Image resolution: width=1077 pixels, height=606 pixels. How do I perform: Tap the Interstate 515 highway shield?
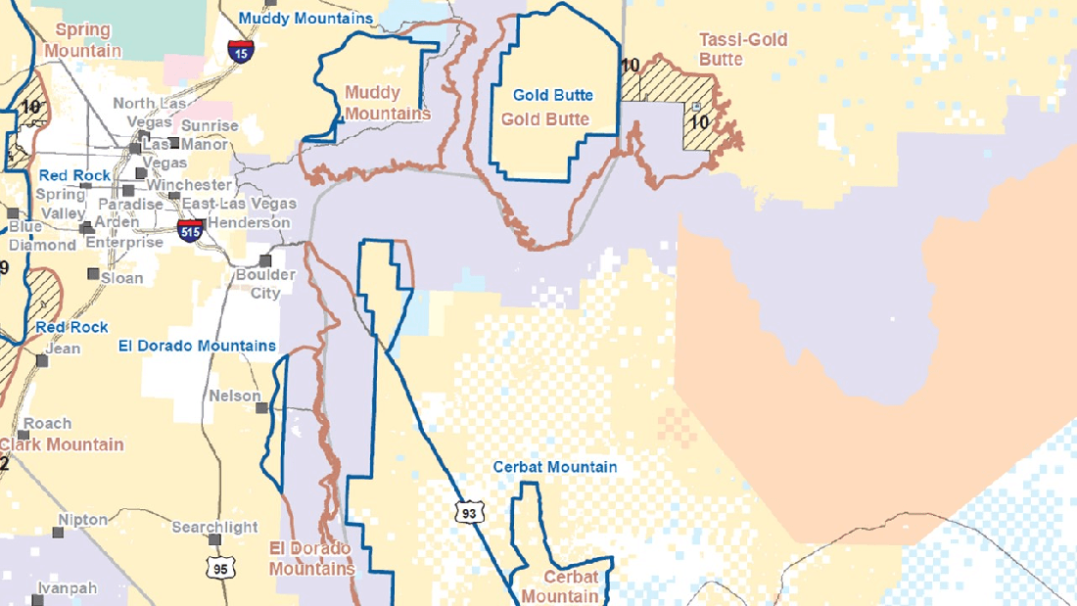191,230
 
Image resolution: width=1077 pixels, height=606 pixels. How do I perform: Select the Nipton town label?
83,519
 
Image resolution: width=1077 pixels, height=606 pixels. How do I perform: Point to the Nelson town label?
235,396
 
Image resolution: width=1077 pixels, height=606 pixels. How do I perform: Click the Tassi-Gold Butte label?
743,49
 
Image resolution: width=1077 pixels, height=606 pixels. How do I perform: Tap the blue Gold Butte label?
553,95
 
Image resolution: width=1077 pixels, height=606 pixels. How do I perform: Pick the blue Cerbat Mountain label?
555,466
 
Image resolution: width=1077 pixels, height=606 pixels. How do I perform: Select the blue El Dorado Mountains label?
197,346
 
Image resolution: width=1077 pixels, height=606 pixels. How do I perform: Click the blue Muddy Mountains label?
305,18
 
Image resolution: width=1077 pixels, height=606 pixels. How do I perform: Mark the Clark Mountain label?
64,444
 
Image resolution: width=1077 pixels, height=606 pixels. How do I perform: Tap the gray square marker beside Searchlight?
214,539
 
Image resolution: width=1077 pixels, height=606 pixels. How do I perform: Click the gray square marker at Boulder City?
265,260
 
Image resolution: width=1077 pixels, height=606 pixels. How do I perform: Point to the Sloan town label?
122,278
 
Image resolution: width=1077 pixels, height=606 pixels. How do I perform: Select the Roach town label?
47,423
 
